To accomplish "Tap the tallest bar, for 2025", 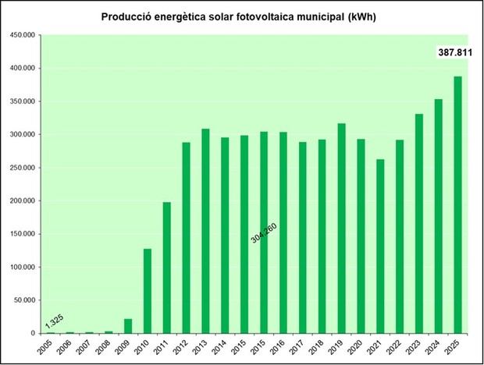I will (x=457, y=204).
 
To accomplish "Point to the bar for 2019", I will (x=341, y=228).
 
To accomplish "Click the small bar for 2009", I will (x=128, y=326).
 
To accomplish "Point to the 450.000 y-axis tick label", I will (x=21, y=35).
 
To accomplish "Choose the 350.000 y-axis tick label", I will (x=21, y=101).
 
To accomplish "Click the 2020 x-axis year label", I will (x=358, y=346).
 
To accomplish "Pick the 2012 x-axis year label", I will (x=184, y=346).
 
